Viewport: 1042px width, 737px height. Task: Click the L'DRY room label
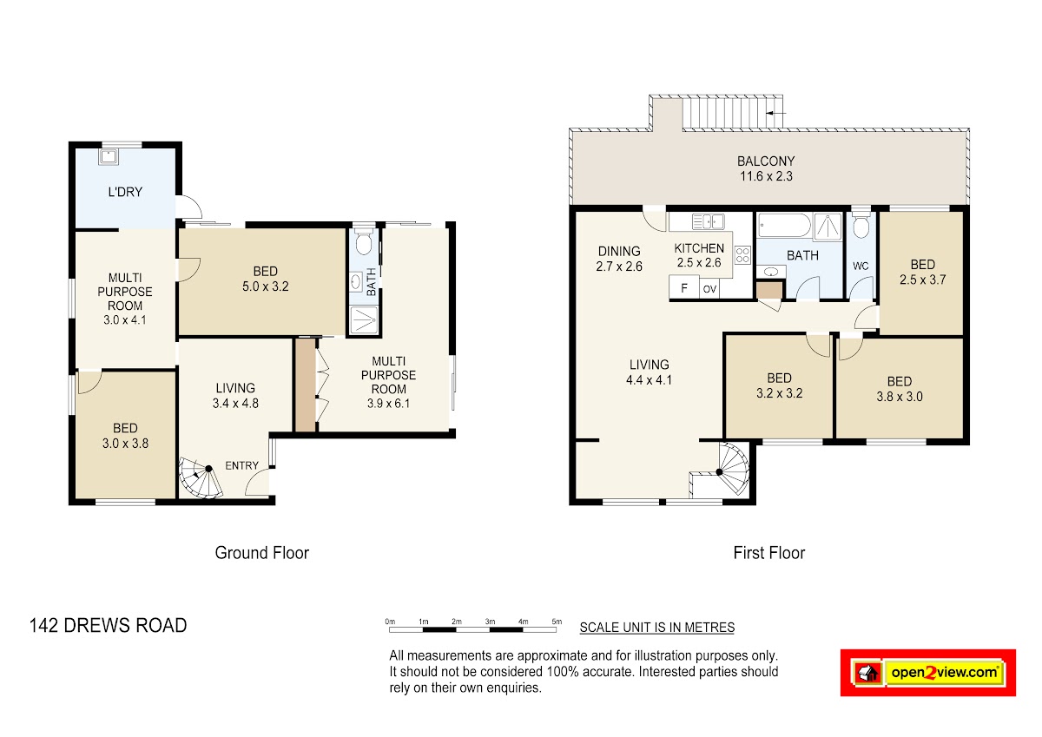(125, 192)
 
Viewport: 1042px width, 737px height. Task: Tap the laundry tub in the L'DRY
(109, 157)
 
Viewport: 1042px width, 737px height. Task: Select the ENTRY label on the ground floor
(241, 465)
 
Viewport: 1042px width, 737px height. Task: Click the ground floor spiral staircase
(201, 477)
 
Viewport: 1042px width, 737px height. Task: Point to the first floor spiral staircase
(728, 470)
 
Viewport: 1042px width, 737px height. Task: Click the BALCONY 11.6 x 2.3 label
(766, 168)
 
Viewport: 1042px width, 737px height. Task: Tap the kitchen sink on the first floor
(708, 222)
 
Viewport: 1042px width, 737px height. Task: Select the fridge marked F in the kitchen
(684, 286)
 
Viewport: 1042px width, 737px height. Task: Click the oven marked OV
(709, 289)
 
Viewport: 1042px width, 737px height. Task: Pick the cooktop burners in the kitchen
(742, 255)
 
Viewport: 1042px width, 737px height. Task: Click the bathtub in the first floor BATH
(784, 226)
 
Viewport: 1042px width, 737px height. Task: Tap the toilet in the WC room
(861, 225)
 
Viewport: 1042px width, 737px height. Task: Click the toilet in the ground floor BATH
(364, 240)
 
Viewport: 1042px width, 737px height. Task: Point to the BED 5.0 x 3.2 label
(265, 279)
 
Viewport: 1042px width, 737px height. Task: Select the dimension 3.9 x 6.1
(388, 403)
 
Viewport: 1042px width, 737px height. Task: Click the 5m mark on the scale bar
(557, 622)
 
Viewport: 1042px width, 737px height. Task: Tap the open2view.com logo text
(945, 673)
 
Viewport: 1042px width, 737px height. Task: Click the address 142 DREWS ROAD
(108, 625)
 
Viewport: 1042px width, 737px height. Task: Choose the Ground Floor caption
(262, 553)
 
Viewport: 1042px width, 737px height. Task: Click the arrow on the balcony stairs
(776, 113)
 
